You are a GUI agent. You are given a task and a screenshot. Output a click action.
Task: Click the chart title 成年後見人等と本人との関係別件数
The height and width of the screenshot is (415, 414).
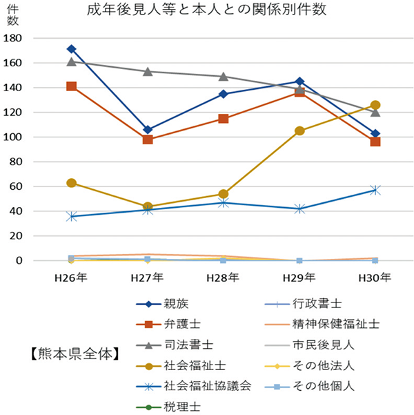pos(207,11)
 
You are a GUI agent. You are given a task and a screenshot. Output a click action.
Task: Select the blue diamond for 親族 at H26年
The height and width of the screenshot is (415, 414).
pos(72,49)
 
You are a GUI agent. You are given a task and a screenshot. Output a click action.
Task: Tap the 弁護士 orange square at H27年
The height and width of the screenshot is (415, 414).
pos(148,139)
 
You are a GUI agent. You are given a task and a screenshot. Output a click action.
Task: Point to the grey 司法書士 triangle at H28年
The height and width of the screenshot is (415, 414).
pos(224,77)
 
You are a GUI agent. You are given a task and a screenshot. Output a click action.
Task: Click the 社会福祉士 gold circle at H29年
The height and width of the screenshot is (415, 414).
pos(299,131)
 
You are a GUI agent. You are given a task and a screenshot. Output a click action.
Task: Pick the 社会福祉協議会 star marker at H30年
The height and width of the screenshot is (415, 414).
pos(375,189)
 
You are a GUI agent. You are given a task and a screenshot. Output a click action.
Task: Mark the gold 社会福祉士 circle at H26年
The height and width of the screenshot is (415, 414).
pos(72,183)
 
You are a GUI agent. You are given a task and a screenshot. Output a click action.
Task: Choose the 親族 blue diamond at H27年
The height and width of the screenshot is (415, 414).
pos(148,130)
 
